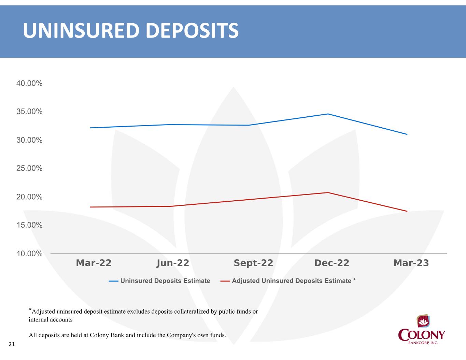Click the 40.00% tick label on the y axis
(x=29, y=83)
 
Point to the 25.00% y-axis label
(x=29, y=169)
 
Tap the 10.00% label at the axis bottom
(x=29, y=254)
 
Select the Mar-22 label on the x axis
(x=94, y=263)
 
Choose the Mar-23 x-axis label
(x=411, y=263)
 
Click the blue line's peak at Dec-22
(x=328, y=114)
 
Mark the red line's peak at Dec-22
(x=328, y=193)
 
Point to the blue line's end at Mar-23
(x=407, y=134)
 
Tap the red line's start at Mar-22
(x=90, y=207)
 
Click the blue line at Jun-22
(x=170, y=125)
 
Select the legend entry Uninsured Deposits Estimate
(x=159, y=281)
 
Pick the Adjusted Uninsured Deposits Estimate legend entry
(x=288, y=281)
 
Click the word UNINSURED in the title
(x=81, y=30)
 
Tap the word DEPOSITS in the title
(x=192, y=30)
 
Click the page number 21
(x=12, y=344)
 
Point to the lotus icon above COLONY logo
(x=423, y=321)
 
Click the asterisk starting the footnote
(x=30, y=309)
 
